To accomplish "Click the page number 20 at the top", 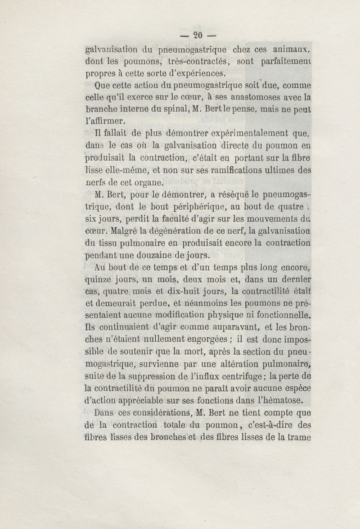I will point(198,35).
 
